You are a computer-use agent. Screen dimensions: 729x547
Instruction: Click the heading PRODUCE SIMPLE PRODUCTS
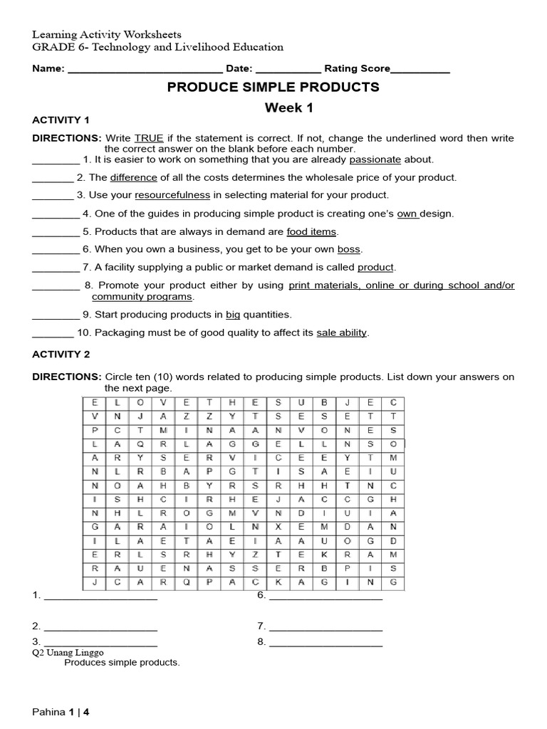pos(273,88)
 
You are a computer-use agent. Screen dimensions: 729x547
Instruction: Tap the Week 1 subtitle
pos(289,108)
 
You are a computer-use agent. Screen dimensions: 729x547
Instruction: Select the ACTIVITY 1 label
pos(61,120)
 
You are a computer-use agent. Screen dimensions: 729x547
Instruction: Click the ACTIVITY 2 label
pos(61,354)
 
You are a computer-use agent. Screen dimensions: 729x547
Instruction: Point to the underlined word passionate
pos(375,160)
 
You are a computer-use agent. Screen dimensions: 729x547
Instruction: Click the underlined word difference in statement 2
pos(133,178)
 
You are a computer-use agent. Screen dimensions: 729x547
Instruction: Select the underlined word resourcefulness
pos(172,195)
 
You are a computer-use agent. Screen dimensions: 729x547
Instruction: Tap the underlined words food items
pos(311,232)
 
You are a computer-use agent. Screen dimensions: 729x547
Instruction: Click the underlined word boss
pos(349,250)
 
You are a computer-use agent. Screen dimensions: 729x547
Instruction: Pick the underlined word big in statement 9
pos(234,315)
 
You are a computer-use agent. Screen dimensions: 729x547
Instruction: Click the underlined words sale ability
pos(342,332)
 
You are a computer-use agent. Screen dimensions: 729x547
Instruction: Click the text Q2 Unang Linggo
pos(68,652)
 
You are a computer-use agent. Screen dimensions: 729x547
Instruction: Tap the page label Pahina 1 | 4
pos(61,711)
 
